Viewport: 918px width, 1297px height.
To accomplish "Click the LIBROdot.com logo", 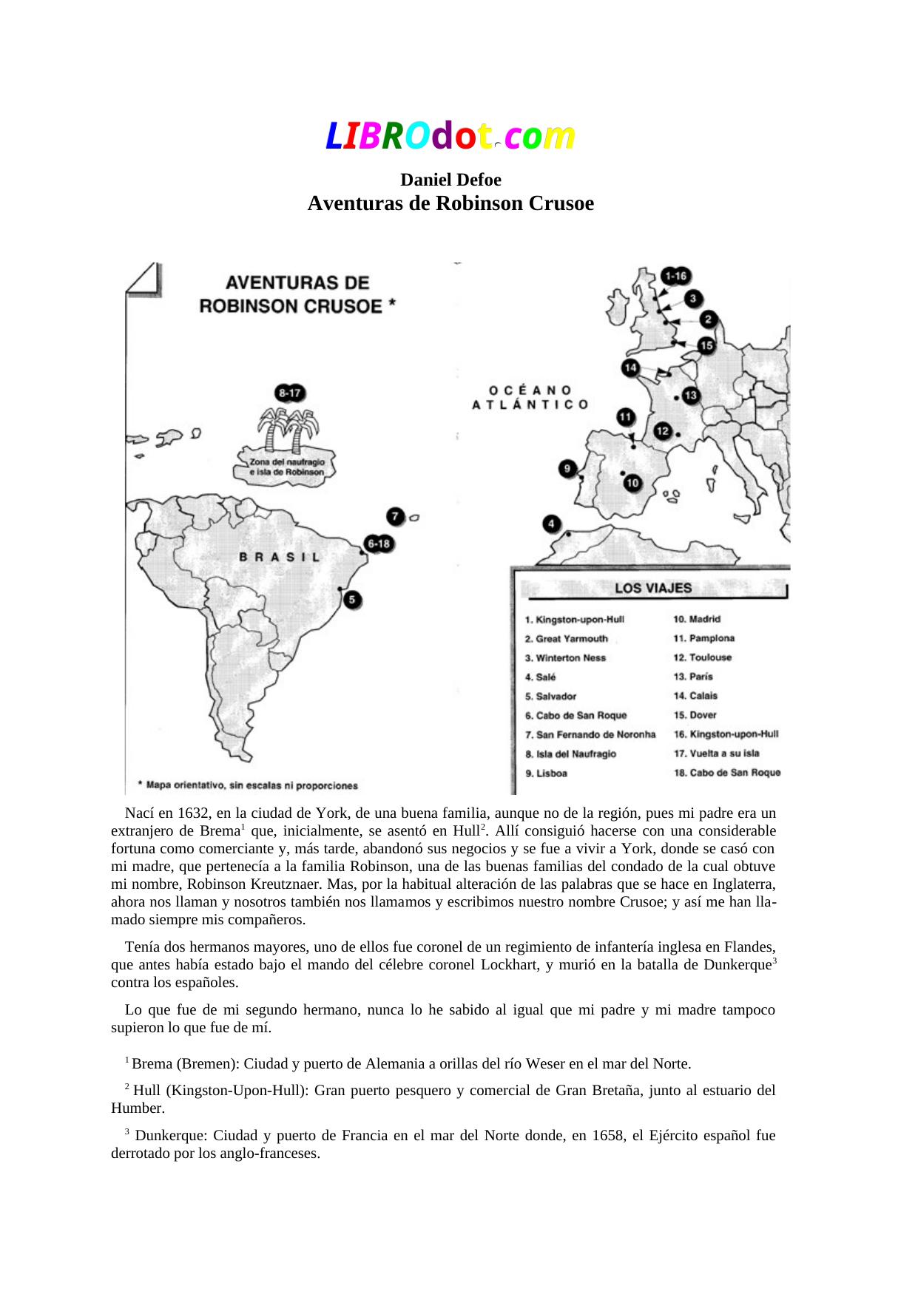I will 450,137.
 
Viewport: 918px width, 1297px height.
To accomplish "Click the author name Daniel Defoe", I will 450,180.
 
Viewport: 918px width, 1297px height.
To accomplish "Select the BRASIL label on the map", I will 280,558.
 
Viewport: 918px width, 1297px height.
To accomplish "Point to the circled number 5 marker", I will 354,600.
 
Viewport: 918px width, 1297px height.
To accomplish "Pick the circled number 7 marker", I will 396,516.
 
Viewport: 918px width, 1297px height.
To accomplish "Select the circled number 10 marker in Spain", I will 632,484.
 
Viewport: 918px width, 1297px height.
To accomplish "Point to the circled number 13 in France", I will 691,396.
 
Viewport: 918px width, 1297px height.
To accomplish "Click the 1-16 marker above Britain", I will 675,277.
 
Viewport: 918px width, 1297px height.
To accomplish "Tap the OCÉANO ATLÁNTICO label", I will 530,397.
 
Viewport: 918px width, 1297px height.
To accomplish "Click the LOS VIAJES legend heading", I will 653,589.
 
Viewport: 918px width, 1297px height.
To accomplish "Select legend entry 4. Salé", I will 541,677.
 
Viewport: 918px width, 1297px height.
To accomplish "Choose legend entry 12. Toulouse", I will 703,657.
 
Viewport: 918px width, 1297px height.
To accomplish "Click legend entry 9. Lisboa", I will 547,773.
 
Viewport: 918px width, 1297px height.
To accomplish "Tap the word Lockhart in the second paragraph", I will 509,964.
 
